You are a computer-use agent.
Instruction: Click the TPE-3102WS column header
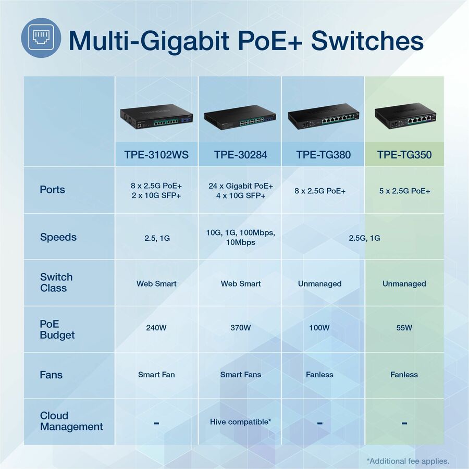pos(156,154)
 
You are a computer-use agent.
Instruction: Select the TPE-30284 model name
pos(240,154)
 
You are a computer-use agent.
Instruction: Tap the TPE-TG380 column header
pos(323,154)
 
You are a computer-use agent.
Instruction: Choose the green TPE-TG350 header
pos(404,154)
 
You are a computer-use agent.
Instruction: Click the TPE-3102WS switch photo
pos(156,118)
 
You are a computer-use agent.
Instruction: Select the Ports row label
pos(53,190)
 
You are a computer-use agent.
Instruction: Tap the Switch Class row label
pos(56,282)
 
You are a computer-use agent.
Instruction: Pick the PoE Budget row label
pos(57,329)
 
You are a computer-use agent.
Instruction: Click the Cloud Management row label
pos(71,421)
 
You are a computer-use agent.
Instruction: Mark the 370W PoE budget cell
pos(240,328)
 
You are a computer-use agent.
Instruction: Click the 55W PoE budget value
pos(404,328)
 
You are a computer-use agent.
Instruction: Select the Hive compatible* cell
pos(240,421)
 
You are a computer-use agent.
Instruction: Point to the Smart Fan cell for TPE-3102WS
pos(156,374)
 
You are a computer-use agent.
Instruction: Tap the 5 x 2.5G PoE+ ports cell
pos(405,191)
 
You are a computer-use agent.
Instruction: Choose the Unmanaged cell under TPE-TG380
pos(319,283)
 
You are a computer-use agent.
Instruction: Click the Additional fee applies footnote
pos(408,461)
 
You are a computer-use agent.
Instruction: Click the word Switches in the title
pos(367,41)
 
